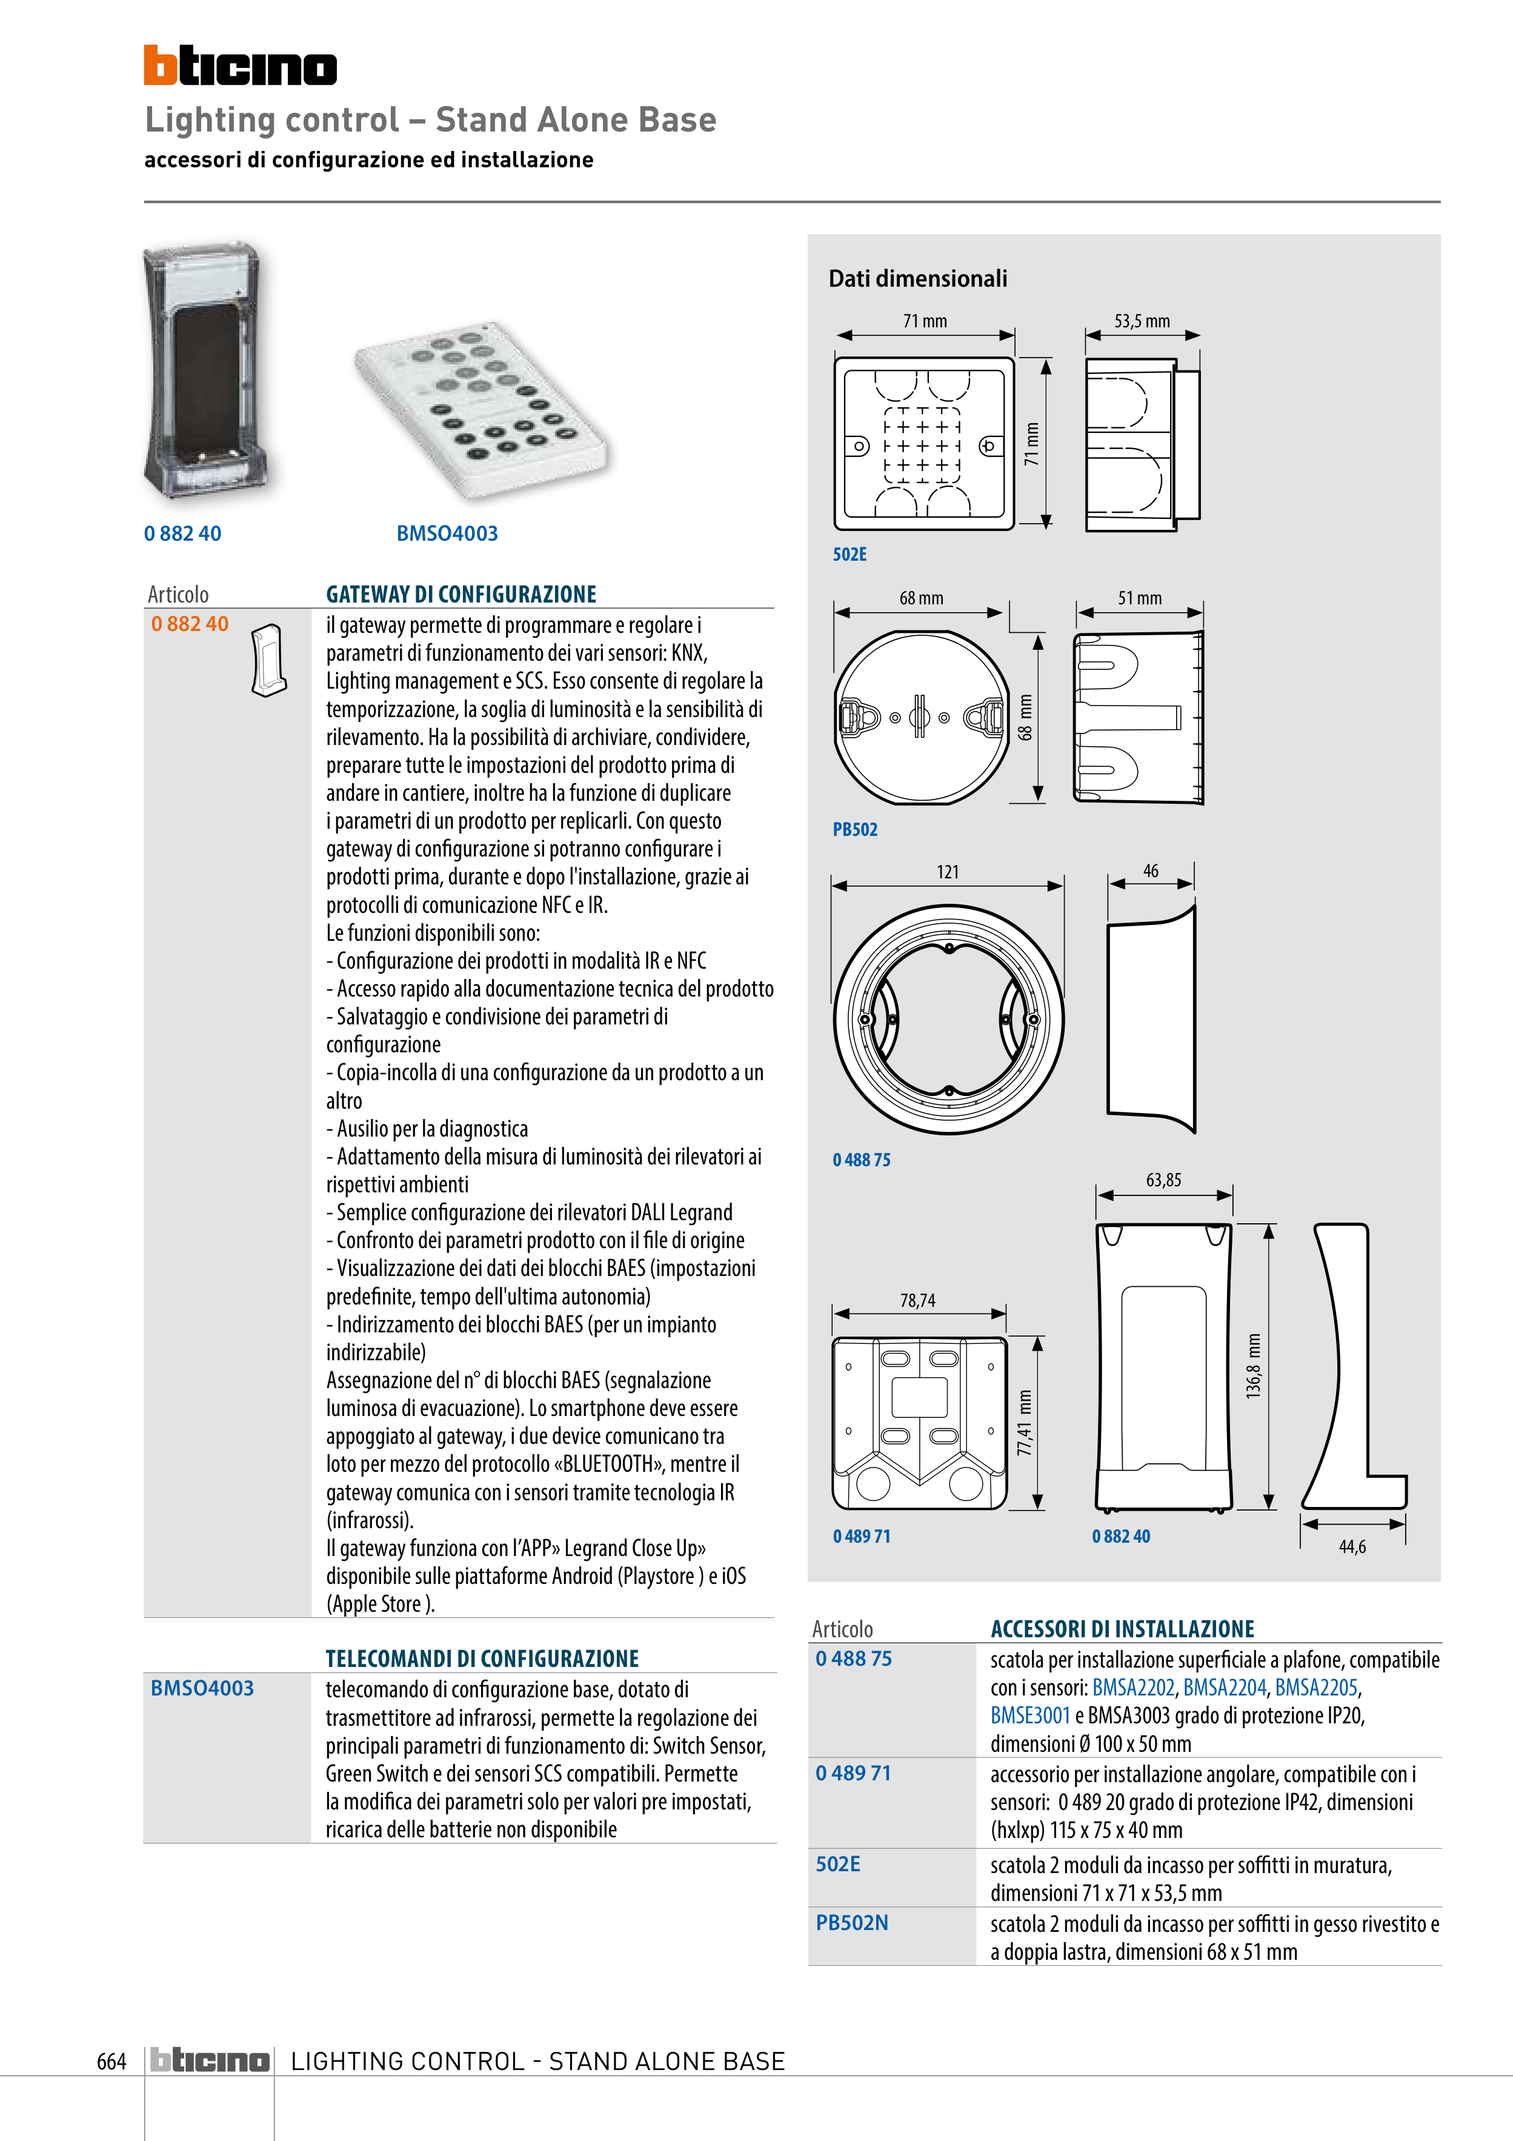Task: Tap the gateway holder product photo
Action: (x=203, y=370)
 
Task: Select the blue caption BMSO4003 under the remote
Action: (x=447, y=533)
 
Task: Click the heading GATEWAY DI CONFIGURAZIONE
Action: (x=461, y=594)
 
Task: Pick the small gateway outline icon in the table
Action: (x=268, y=660)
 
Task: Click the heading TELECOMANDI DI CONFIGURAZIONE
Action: (x=482, y=1658)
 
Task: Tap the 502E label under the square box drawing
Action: (x=850, y=554)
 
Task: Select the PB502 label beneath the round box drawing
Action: (x=855, y=829)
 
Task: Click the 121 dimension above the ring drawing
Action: (x=947, y=872)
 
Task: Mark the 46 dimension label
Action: (x=1151, y=871)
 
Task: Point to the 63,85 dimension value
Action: (x=1163, y=1180)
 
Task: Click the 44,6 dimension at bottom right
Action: (x=1352, y=1546)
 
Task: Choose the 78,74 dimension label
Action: (x=917, y=1300)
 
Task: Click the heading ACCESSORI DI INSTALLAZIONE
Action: (x=1122, y=1628)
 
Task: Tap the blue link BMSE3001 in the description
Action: (x=1030, y=1715)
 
